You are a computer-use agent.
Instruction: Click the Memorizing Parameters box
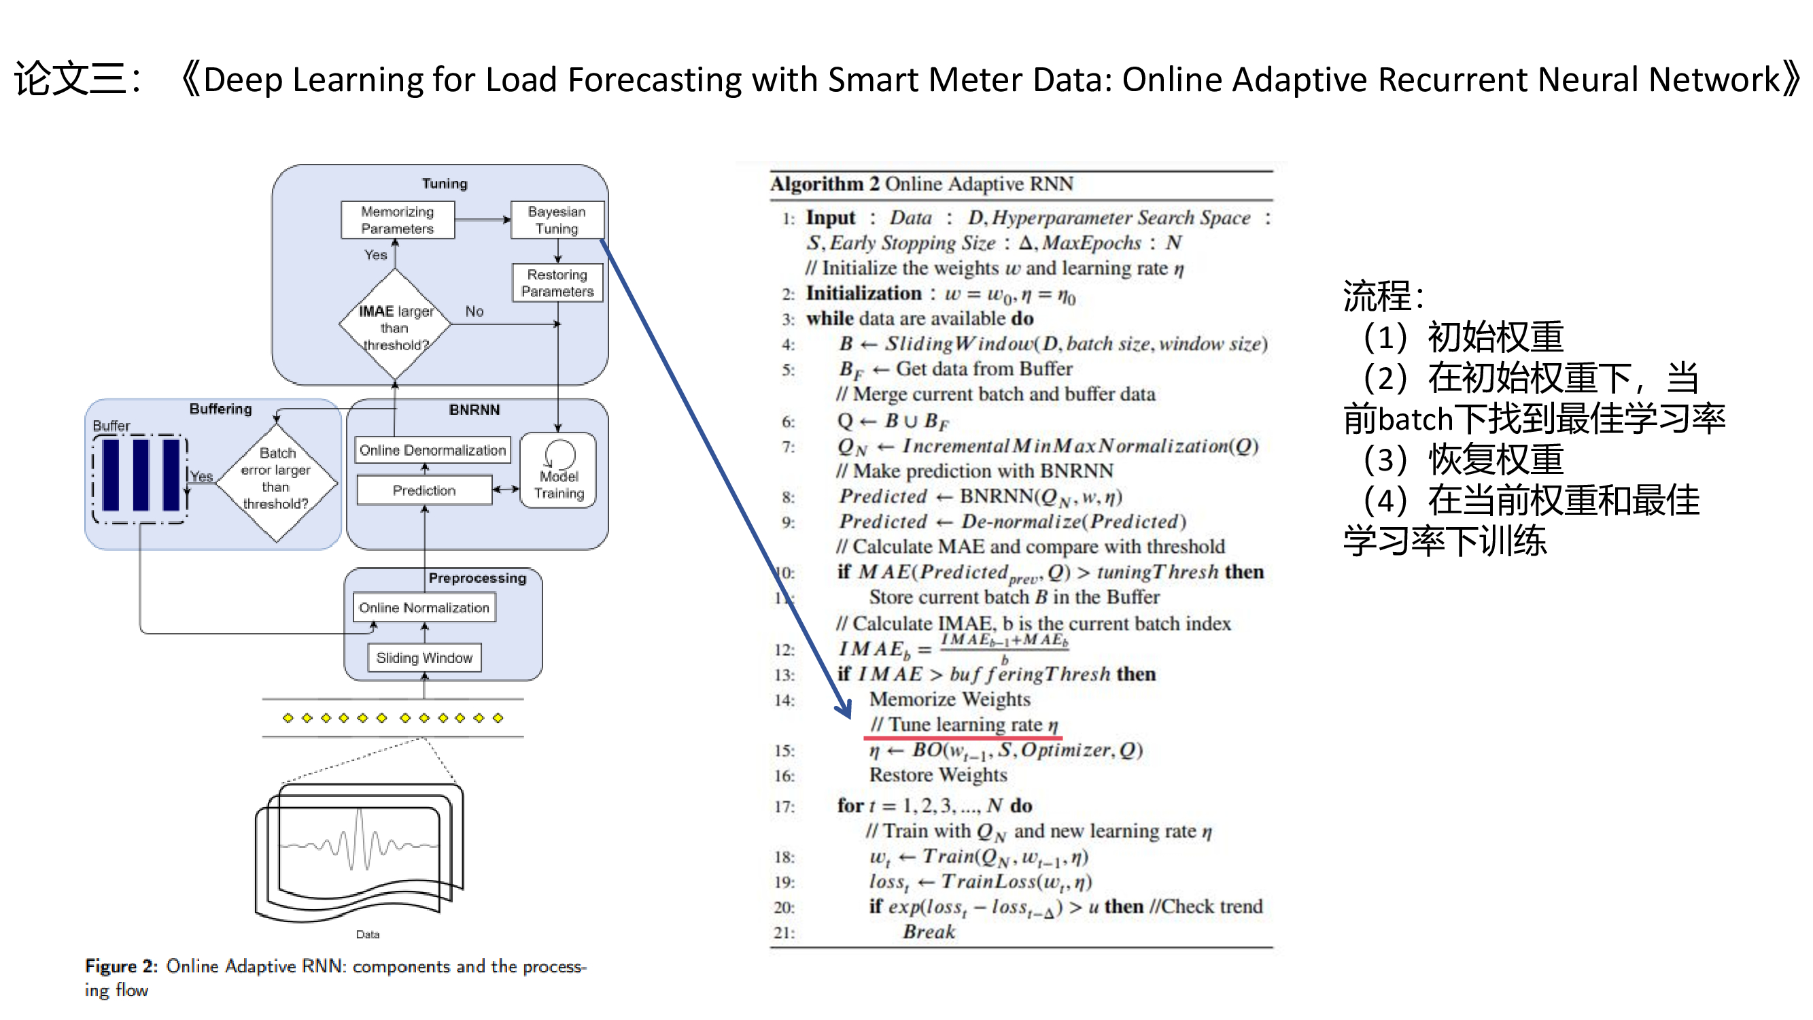397,220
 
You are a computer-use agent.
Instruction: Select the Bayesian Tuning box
557,220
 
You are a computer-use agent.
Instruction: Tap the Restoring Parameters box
557,283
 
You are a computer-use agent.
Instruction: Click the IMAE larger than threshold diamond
395,325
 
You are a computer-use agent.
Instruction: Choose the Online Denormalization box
432,449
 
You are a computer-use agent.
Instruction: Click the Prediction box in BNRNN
424,490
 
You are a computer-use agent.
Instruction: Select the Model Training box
559,471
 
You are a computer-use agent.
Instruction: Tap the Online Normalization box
424,607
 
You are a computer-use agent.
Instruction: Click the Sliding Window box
424,658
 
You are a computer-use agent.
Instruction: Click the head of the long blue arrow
845,711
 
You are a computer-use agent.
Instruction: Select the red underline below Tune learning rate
962,738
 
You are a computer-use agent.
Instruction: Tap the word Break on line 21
929,932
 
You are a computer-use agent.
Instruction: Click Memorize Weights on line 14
950,699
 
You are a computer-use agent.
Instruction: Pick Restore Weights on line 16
937,775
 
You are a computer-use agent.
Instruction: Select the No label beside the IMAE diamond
474,311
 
